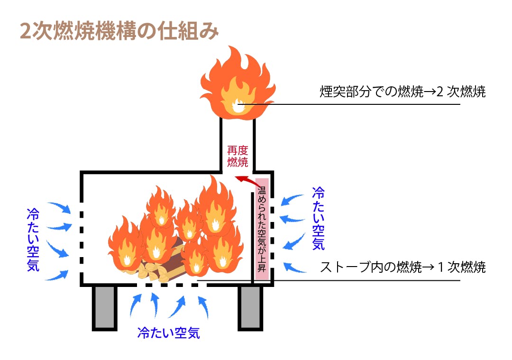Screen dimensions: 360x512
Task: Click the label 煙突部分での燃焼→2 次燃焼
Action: (402, 92)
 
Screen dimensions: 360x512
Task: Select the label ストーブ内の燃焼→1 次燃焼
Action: (402, 268)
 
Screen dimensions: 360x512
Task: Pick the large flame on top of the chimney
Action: (237, 83)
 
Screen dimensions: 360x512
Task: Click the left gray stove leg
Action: (105, 307)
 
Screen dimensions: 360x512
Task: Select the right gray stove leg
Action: (250, 307)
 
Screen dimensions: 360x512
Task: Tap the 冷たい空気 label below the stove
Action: (168, 333)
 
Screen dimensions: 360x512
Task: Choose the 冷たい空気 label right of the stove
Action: (318, 218)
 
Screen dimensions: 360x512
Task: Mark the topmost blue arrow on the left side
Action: (59, 207)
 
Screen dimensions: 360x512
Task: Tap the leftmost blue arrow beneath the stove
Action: (136, 304)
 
